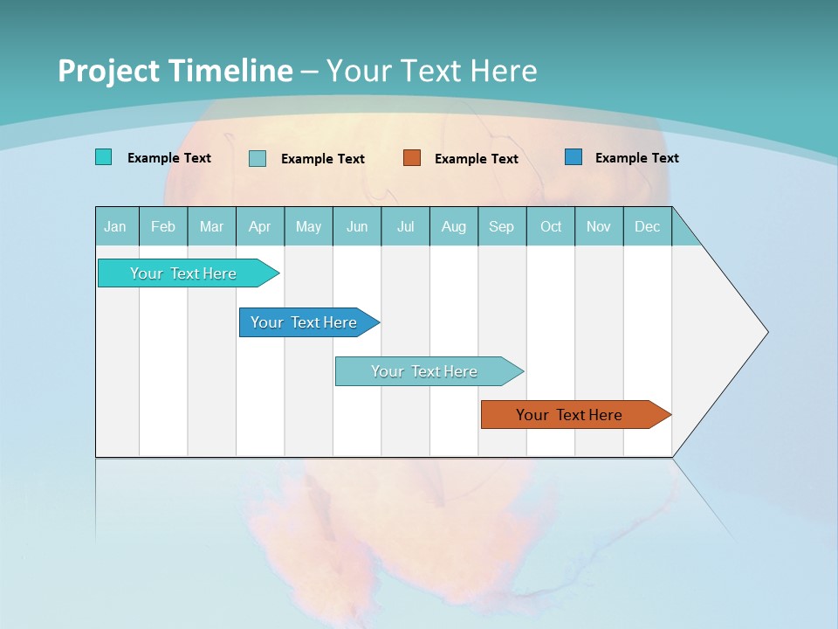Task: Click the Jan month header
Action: point(115,226)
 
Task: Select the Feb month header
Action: point(163,226)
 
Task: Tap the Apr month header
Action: point(259,226)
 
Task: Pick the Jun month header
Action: point(357,226)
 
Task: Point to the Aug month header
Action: point(453,226)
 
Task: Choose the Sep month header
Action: point(501,226)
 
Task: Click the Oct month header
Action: point(551,226)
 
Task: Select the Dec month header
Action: point(647,226)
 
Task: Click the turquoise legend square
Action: point(103,157)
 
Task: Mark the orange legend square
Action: point(412,158)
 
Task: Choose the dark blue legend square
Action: point(573,157)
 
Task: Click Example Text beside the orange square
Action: point(476,159)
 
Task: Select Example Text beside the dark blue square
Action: point(636,158)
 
